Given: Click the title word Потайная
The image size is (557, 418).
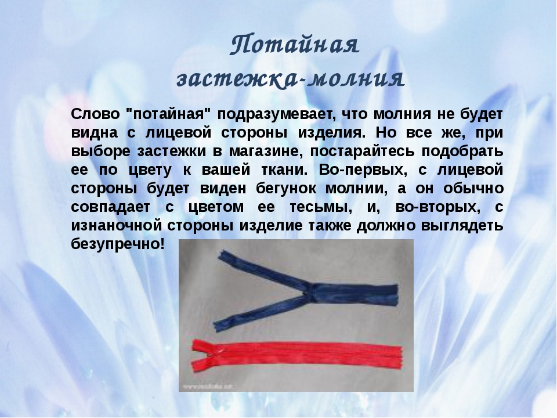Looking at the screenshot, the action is tap(295, 45).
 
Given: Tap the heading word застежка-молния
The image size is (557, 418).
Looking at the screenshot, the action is tap(291, 78).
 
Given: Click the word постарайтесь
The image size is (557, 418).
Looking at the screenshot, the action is tap(362, 152).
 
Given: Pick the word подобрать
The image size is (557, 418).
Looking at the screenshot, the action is tap(462, 152).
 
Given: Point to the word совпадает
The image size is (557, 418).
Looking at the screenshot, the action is tap(110, 207).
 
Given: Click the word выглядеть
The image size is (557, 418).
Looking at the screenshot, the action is tap(462, 226).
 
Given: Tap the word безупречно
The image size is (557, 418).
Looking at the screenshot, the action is tap(118, 244).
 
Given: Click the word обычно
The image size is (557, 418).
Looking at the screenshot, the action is tap(473, 188).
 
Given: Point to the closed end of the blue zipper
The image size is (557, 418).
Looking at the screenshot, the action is tap(395, 295).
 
